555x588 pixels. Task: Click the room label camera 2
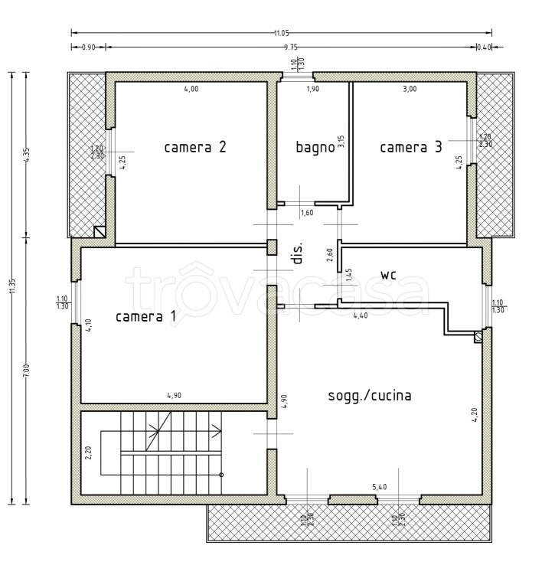(x=194, y=147)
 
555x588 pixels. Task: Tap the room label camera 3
(x=411, y=147)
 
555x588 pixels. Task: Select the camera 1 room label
(x=145, y=316)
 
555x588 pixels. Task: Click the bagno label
(x=315, y=147)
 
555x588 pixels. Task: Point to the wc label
(x=391, y=273)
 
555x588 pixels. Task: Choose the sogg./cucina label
(x=370, y=396)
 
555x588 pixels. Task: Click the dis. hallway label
(x=298, y=253)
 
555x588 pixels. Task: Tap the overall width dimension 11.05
(x=281, y=32)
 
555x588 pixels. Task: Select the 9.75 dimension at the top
(x=290, y=47)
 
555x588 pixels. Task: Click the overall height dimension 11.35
(x=11, y=286)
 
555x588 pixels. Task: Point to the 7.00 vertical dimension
(x=27, y=369)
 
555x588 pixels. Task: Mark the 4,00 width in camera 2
(x=191, y=89)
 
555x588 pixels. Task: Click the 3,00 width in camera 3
(x=410, y=89)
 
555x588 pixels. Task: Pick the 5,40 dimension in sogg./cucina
(x=379, y=486)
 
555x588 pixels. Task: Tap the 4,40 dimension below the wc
(x=360, y=315)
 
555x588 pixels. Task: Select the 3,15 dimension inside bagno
(x=341, y=142)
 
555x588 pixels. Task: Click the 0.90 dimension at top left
(x=87, y=47)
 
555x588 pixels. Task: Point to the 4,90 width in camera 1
(x=175, y=396)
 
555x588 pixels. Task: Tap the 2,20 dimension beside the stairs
(x=89, y=452)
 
